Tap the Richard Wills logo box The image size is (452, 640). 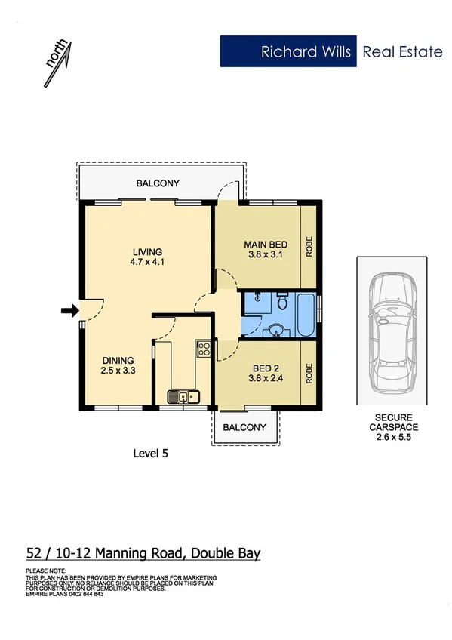click(288, 52)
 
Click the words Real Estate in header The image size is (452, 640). click(402, 52)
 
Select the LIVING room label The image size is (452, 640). click(147, 252)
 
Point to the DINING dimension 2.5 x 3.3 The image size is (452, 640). click(118, 371)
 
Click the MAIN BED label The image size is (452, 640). click(265, 245)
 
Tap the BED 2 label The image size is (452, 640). click(265, 369)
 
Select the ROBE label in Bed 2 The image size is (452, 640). click(309, 374)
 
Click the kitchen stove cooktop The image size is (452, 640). click(203, 348)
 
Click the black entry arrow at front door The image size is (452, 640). click(69, 309)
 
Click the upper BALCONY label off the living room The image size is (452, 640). click(158, 183)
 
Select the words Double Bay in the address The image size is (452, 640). click(225, 553)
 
